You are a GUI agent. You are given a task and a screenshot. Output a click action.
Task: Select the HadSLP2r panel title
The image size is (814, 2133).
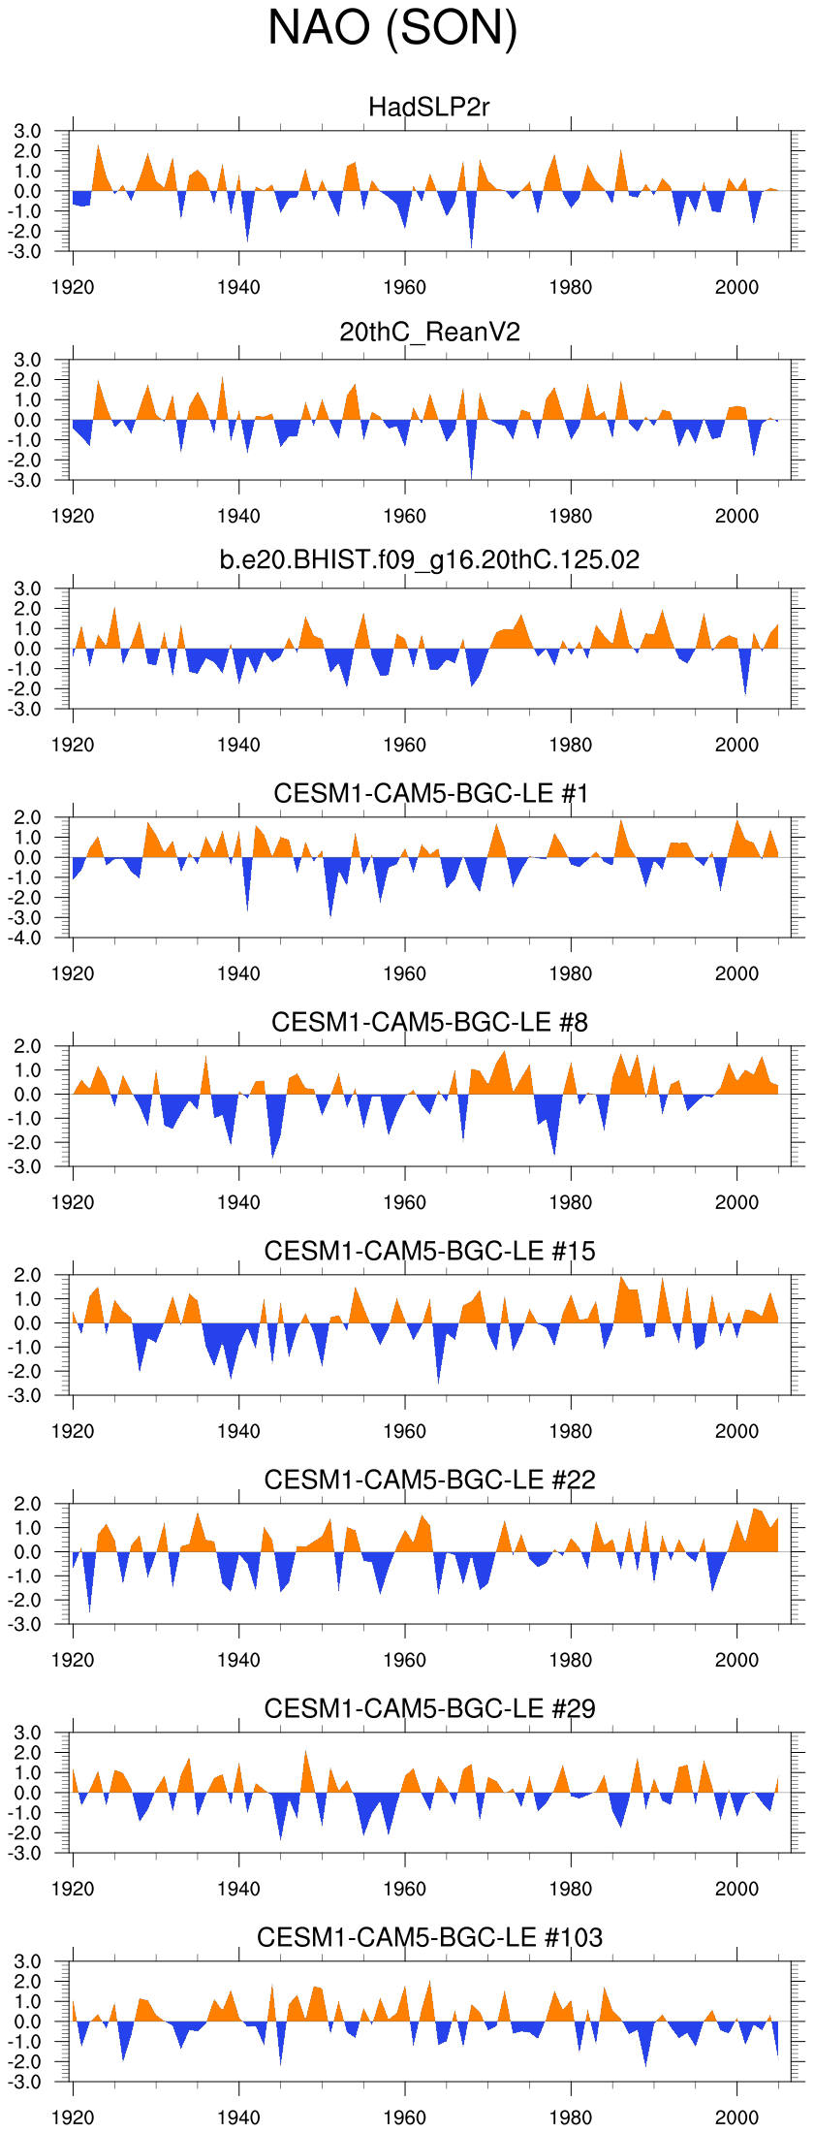(429, 107)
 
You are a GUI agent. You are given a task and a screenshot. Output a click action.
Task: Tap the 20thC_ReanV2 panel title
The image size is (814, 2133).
(429, 333)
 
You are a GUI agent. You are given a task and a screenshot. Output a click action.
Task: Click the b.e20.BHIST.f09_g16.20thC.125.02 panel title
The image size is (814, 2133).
(429, 560)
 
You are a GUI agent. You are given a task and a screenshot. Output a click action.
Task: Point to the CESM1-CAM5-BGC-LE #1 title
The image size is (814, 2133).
(431, 793)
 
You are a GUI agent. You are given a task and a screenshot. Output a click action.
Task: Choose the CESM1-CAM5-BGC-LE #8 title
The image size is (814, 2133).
(429, 1022)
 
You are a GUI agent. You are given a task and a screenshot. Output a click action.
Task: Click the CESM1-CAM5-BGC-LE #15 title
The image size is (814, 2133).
(429, 1251)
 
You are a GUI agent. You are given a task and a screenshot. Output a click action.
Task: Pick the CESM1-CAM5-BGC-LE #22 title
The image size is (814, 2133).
(429, 1480)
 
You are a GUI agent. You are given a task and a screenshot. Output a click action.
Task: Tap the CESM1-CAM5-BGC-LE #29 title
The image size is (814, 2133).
(429, 1708)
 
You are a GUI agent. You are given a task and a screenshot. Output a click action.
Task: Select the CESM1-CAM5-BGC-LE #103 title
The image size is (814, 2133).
(429, 1937)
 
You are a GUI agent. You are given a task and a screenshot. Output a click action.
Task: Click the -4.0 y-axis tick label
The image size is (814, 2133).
(27, 939)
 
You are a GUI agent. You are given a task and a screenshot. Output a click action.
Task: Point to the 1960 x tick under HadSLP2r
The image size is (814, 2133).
(404, 287)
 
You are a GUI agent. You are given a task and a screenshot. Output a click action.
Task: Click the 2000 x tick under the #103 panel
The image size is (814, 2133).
(736, 2117)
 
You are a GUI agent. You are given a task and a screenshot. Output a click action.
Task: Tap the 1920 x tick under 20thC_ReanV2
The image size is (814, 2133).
(73, 516)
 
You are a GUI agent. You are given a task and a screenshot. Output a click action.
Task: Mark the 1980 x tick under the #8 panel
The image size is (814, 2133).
(570, 1202)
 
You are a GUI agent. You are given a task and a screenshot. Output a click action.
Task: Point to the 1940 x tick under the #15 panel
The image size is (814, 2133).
(238, 1431)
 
